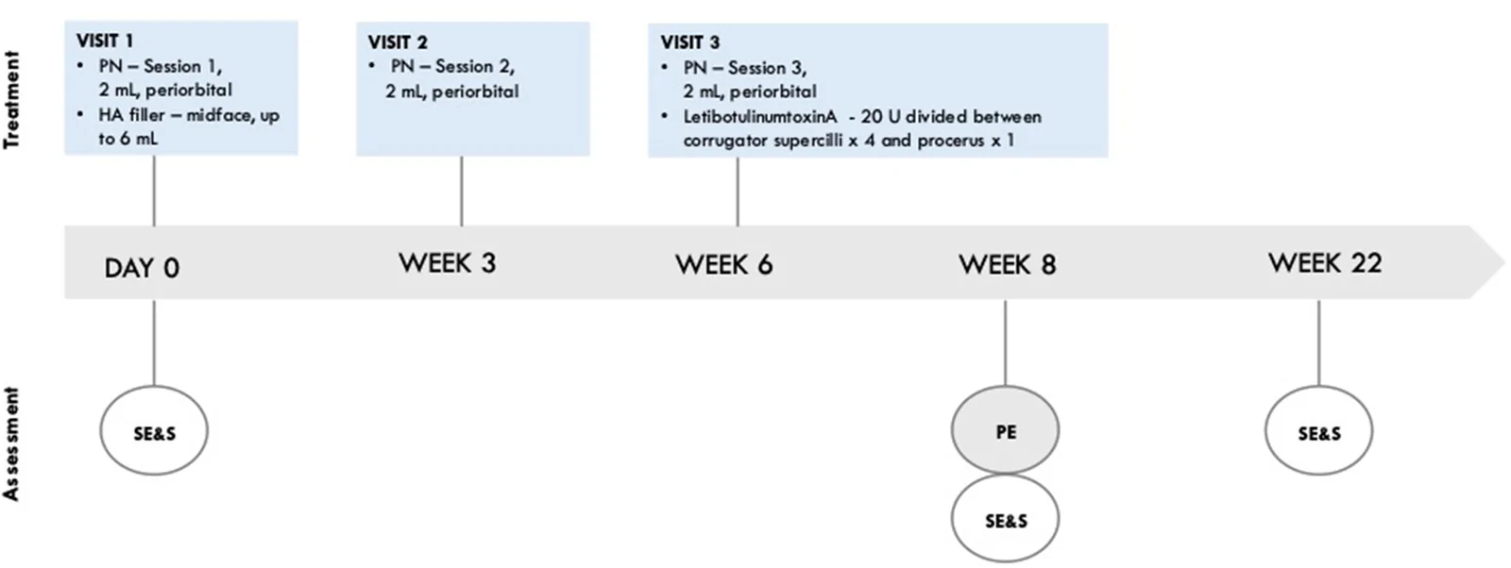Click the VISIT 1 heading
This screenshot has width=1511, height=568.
coord(105,42)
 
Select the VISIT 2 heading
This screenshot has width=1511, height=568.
coord(398,42)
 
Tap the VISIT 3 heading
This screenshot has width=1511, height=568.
coord(690,42)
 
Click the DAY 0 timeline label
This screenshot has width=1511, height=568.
coord(142,268)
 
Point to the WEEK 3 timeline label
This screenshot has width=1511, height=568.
coord(447,263)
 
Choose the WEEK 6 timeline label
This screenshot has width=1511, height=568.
coord(723,265)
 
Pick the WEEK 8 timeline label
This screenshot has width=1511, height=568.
coord(1007,265)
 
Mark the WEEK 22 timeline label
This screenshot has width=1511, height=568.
coord(1325,263)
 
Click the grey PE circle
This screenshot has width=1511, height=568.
coord(1005,430)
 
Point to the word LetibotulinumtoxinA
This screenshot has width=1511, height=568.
coord(759,117)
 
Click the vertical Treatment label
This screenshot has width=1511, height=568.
coord(11,100)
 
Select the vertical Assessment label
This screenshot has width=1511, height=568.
coord(11,444)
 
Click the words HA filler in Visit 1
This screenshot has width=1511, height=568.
coord(131,115)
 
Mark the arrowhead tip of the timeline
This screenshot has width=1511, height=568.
coord(1504,261)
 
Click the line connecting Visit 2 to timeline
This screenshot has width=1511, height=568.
coord(462,191)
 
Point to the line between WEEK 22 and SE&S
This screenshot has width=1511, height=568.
coord(1318,342)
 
